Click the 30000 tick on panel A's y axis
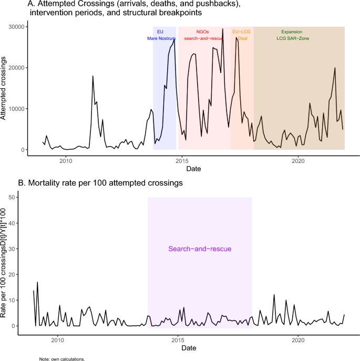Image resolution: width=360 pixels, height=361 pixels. pos(17,27)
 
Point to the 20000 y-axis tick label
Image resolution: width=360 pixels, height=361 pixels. pos(17,68)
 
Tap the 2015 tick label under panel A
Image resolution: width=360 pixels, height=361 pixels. pos(182,161)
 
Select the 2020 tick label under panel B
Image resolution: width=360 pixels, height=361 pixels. pos(299,340)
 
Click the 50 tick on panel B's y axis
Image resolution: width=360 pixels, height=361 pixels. pos(12,198)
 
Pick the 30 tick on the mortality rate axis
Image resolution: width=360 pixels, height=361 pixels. pos(12,249)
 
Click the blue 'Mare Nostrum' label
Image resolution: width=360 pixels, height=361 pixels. pos(161,38)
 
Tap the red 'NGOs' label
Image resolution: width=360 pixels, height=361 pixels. pos(203,32)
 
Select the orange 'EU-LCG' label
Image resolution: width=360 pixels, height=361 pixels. pos(241,32)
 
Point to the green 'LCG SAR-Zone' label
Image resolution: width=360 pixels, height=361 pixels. pos(293,38)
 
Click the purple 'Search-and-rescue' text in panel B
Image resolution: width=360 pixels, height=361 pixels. pos(200,249)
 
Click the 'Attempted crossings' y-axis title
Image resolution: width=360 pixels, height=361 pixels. pos(3,88)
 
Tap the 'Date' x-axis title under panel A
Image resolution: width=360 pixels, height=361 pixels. pos(193,169)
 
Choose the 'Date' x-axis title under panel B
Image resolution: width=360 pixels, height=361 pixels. pos(189,348)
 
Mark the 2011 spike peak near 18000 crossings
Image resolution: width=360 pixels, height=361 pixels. pos(93,76)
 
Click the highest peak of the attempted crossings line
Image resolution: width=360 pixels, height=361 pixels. pos(222,29)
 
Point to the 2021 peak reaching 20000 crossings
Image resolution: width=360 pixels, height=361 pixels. pos(335,68)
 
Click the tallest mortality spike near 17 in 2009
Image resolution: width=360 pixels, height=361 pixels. pos(37,282)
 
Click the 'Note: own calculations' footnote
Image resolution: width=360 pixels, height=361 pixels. pos(62,359)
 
